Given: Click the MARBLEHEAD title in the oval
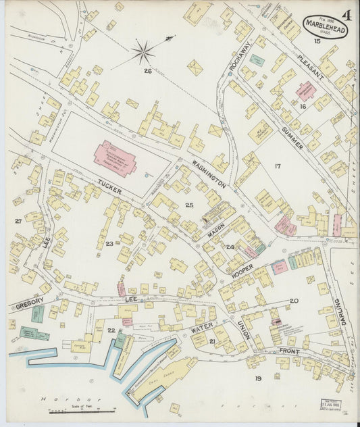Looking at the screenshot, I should (326, 28).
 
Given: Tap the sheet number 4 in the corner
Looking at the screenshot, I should (346, 14).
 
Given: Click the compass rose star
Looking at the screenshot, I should (143, 52).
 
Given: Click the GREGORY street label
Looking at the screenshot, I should (30, 305).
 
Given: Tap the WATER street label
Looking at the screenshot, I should (202, 329).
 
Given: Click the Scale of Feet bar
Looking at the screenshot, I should (85, 409).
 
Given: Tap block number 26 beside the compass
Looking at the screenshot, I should (147, 70).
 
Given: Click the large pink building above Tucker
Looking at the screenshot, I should (115, 158).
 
